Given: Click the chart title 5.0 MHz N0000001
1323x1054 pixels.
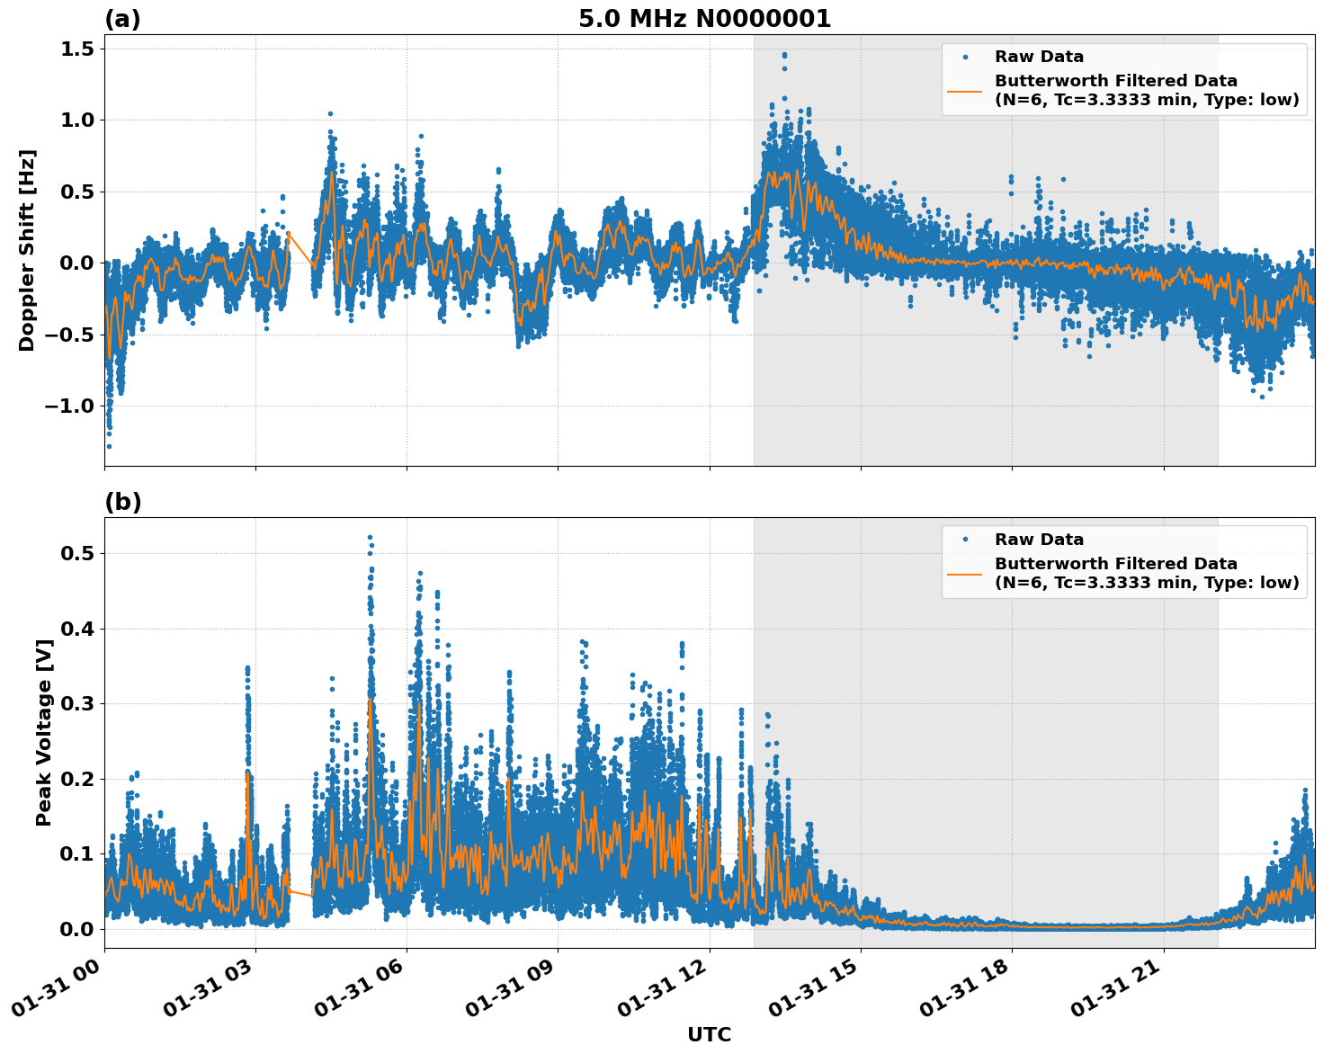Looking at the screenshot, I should click(x=704, y=19).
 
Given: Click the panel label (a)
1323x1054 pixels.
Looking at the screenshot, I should click(x=122, y=19).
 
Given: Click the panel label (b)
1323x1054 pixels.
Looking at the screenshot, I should click(x=122, y=502).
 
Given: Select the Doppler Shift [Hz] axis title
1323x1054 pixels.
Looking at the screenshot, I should click(x=27, y=250).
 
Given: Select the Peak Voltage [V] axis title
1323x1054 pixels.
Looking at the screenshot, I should click(x=43, y=732).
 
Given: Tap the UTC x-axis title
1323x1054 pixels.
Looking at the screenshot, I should click(x=709, y=1034).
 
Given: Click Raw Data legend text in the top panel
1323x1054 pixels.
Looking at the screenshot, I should click(x=1039, y=57).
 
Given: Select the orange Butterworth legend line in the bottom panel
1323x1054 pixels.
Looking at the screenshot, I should click(x=964, y=574).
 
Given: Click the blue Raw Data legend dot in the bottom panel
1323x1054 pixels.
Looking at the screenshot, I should click(x=964, y=540).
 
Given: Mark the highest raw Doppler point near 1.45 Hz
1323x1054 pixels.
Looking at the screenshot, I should click(x=784, y=55).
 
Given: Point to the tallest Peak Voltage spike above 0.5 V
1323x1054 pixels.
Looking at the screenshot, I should click(x=370, y=538).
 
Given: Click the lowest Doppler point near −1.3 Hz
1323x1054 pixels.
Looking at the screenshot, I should click(x=109, y=446).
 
